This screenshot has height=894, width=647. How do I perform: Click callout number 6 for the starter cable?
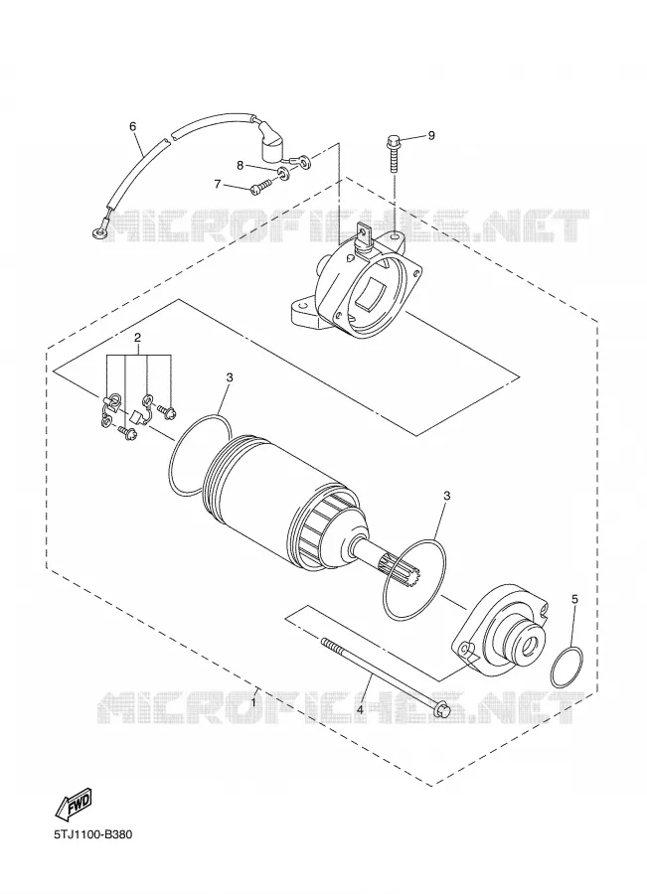pos(133,126)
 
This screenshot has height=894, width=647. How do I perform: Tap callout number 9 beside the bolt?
pos(431,135)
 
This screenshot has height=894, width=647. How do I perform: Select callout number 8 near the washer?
pos(241,165)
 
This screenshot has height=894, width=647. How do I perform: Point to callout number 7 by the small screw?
pos(218,184)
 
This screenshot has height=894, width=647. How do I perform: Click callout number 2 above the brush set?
pos(137,338)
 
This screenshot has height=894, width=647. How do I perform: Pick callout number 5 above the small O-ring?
pos(574,599)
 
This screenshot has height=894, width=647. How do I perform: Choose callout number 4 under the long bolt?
pos(360,709)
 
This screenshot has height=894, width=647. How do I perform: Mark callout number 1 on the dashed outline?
pos(253,702)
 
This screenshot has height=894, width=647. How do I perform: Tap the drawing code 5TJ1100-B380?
pos(93,834)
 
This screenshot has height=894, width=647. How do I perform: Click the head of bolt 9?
pos(393,141)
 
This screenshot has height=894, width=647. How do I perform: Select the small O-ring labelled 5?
pos(566,667)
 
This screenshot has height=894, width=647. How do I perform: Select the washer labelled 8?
pos(283,173)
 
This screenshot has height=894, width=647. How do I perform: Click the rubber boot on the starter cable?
pos(271,149)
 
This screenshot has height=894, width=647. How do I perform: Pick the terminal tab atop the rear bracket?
pos(364,233)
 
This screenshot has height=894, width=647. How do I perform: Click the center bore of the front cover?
pos(531,645)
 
